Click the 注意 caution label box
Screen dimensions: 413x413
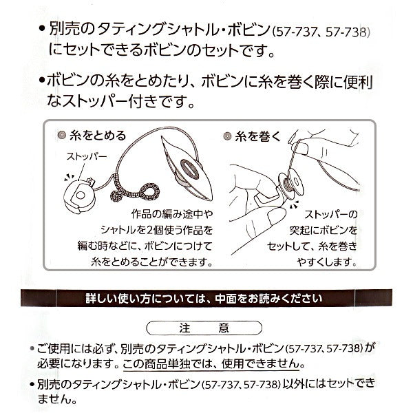tap(204, 328)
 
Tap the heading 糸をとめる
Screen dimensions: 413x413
tap(98, 136)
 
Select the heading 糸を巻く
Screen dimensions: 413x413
tap(258, 136)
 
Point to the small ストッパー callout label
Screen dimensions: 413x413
tap(87, 157)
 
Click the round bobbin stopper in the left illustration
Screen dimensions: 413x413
tap(80, 195)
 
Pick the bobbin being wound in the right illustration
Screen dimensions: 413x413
tap(291, 181)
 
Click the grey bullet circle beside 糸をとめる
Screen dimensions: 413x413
tap(62, 136)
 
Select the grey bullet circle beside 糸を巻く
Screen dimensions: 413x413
tap(227, 136)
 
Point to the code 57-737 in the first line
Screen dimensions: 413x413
tap(295, 32)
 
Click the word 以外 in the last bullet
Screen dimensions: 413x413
tap(293, 384)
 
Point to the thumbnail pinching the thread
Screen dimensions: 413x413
tap(303, 148)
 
